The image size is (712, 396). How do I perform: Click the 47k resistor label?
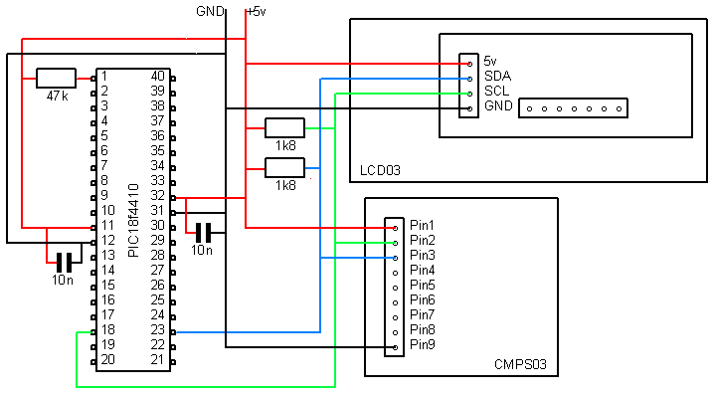pyautogui.click(x=57, y=96)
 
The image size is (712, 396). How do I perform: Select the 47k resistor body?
pyautogui.click(x=57, y=77)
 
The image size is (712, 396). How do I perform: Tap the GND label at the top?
pyautogui.click(x=211, y=11)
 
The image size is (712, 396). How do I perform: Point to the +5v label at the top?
pyautogui.click(x=256, y=11)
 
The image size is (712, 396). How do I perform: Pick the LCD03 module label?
pyautogui.click(x=381, y=171)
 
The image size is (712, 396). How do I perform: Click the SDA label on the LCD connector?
pyautogui.click(x=497, y=76)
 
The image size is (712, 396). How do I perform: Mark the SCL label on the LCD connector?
pyautogui.click(x=496, y=91)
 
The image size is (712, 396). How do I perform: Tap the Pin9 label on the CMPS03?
pyautogui.click(x=423, y=344)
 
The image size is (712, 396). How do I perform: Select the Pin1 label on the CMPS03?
pyautogui.click(x=423, y=225)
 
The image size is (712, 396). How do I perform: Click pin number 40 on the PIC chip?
pyautogui.click(x=158, y=76)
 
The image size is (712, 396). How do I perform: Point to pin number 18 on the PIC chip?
pyautogui.click(x=108, y=329)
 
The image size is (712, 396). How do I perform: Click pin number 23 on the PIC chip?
pyautogui.click(x=158, y=329)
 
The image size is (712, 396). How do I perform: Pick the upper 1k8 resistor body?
pyautogui.click(x=284, y=127)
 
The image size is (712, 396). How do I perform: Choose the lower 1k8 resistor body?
pyautogui.click(x=284, y=166)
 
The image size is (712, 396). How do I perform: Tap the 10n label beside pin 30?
pyautogui.click(x=201, y=250)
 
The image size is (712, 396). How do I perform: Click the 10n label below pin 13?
pyautogui.click(x=63, y=281)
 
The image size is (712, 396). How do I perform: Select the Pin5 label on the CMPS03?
pyautogui.click(x=423, y=285)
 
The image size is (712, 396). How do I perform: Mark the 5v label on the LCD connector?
pyautogui.click(x=491, y=61)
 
